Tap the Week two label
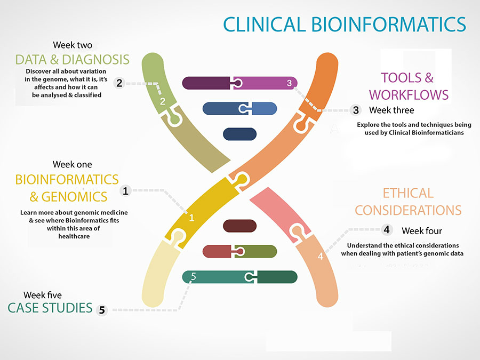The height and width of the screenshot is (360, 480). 72,45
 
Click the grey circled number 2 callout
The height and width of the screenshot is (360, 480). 119,83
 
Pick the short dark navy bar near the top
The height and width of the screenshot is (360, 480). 239,134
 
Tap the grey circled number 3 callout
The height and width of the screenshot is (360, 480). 356,110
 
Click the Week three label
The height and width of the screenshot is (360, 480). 391,110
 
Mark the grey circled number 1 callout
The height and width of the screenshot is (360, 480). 126,190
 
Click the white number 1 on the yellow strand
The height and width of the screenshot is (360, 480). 192,218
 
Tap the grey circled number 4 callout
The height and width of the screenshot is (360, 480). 387,230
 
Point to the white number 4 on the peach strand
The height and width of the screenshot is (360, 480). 320,257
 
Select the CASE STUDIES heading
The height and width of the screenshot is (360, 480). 50,308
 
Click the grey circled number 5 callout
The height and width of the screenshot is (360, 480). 102,310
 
